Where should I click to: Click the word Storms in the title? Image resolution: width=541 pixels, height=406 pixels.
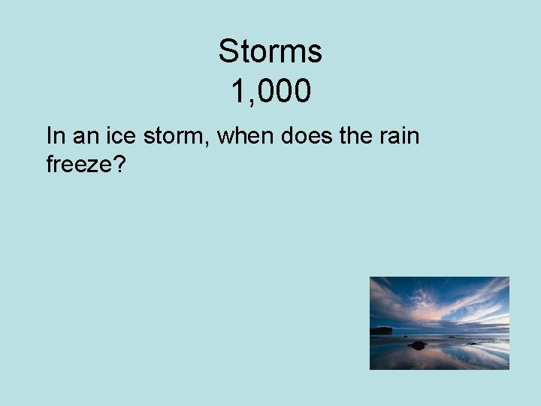click(x=270, y=52)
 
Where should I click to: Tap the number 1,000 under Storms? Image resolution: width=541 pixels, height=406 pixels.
click(x=270, y=92)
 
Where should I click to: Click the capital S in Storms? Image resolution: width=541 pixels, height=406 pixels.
click(x=228, y=52)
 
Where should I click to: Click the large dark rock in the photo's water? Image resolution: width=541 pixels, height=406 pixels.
click(x=418, y=344)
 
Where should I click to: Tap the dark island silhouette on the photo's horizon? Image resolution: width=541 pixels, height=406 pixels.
click(x=382, y=329)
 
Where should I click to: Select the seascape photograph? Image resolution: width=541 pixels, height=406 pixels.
click(x=440, y=323)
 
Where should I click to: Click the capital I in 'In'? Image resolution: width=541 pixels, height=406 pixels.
click(x=49, y=136)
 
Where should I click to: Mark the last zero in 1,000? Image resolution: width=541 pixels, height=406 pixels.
click(x=301, y=92)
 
